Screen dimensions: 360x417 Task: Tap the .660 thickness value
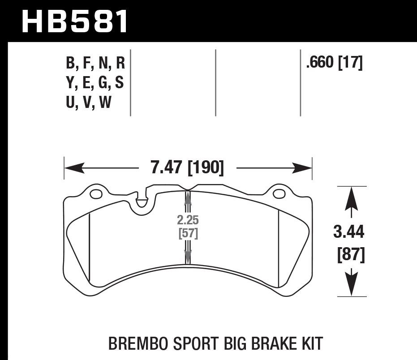[x=320, y=63]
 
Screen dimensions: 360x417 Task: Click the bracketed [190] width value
[x=205, y=168]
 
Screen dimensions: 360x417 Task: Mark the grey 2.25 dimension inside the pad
[x=187, y=220]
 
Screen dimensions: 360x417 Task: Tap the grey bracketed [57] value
[x=188, y=233]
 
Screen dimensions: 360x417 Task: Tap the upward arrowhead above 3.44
[x=352, y=197]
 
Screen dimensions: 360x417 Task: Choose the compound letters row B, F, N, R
[x=95, y=63]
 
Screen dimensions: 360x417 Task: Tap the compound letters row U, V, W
[x=88, y=103]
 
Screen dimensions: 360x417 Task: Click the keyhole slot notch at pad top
[x=142, y=200]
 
